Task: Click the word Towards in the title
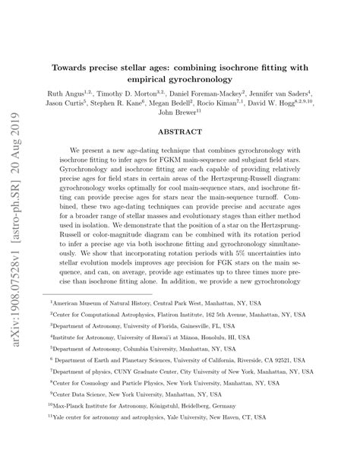click(x=71, y=66)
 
